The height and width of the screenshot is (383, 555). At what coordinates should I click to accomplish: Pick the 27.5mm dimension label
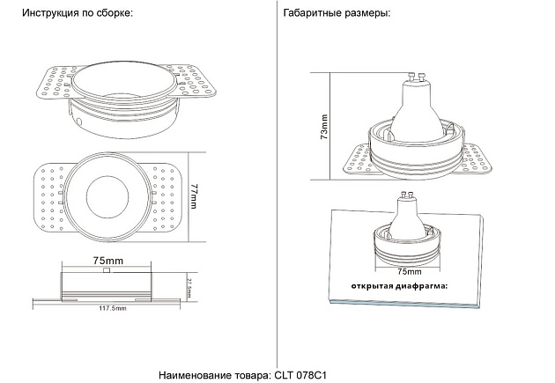pos(189,286)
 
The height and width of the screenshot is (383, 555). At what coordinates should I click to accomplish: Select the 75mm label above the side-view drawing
pos(107,261)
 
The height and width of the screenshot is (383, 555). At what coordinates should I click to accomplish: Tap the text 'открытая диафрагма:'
pos(399,286)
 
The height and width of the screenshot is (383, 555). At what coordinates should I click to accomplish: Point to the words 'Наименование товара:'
pos(216,374)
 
